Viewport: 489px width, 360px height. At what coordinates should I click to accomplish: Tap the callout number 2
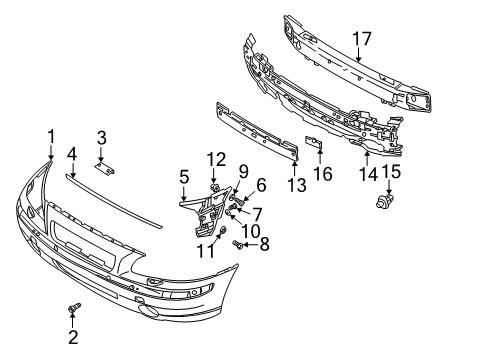tap(73, 338)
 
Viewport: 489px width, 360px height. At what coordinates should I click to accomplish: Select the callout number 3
tap(101, 137)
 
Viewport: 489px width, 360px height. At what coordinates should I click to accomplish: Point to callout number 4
tap(71, 154)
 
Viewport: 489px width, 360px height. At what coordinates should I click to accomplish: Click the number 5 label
tap(184, 178)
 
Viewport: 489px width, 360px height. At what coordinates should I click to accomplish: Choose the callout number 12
tap(217, 160)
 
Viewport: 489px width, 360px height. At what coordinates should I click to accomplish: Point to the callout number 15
tap(391, 172)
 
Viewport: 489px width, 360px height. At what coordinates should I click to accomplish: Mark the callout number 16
tap(322, 173)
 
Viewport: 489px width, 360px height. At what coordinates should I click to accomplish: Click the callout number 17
tap(360, 40)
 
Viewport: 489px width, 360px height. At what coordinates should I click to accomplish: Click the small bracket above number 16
tap(312, 146)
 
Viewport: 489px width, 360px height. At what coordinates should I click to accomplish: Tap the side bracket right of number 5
tap(207, 210)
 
